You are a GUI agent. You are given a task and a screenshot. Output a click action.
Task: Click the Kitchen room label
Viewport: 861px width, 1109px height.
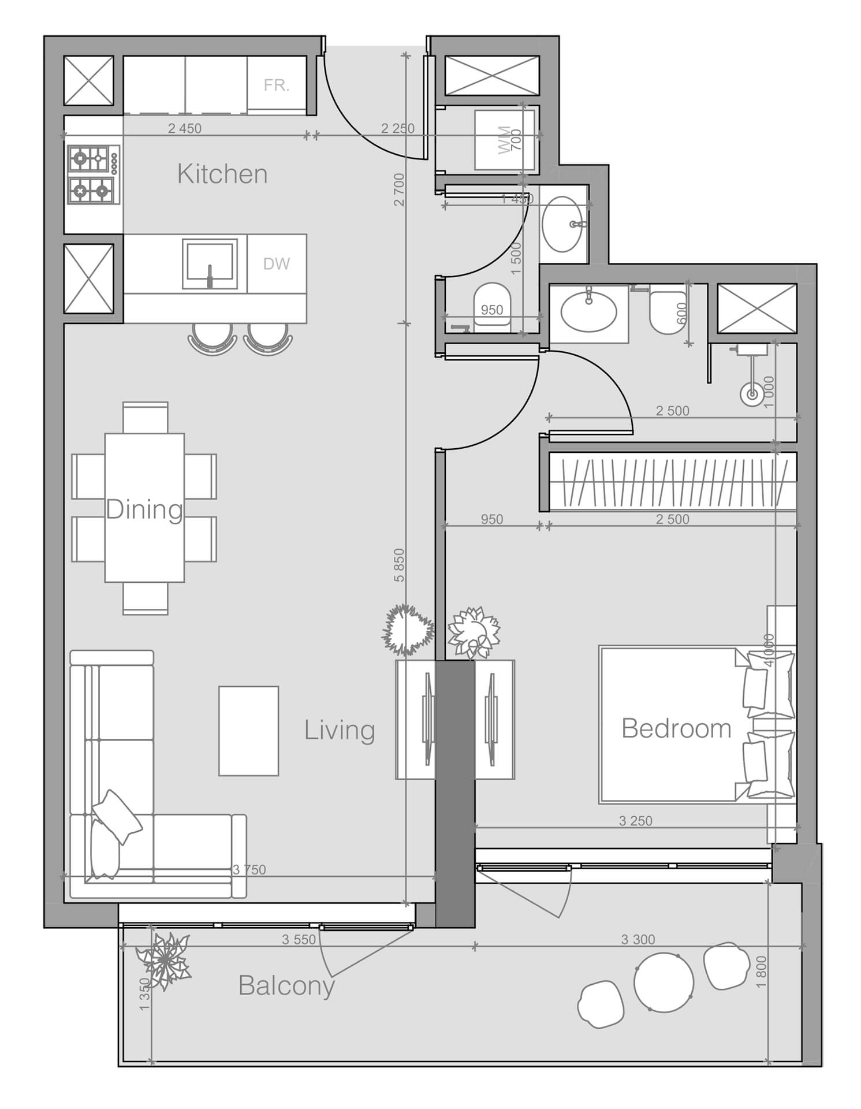click(222, 174)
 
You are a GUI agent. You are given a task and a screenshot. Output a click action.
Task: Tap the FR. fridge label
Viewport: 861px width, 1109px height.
click(276, 85)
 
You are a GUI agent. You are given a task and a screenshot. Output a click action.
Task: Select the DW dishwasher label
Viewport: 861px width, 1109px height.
click(276, 264)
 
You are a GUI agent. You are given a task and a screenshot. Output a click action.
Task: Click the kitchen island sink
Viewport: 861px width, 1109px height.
click(210, 264)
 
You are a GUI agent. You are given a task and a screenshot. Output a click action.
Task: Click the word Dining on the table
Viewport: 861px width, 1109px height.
click(144, 509)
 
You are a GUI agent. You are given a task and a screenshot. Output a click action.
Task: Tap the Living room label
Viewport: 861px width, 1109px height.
click(340, 730)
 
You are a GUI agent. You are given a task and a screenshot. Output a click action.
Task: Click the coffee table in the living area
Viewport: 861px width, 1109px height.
click(248, 731)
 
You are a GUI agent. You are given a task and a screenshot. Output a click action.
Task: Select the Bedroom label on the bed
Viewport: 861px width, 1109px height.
click(676, 728)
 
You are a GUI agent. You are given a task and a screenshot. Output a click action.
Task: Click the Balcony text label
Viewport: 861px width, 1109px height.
click(286, 985)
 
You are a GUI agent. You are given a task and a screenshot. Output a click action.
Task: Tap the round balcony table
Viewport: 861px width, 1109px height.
click(664, 983)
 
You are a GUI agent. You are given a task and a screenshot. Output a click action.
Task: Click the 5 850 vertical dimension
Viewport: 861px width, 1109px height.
click(400, 565)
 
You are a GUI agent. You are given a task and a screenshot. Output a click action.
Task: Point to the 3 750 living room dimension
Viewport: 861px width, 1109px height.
click(249, 870)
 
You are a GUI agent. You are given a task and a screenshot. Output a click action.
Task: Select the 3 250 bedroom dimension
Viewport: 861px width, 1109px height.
click(635, 821)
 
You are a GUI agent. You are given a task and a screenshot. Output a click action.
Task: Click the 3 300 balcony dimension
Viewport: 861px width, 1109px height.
click(638, 940)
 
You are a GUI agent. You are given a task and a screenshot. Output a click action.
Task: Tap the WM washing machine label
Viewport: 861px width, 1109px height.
click(504, 139)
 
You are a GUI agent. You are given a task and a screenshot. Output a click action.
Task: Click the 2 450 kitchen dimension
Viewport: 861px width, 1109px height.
click(185, 129)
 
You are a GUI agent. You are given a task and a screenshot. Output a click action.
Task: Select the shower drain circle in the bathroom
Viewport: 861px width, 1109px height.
click(752, 395)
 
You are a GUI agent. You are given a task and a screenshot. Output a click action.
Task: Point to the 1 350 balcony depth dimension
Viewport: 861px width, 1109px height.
click(144, 993)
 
